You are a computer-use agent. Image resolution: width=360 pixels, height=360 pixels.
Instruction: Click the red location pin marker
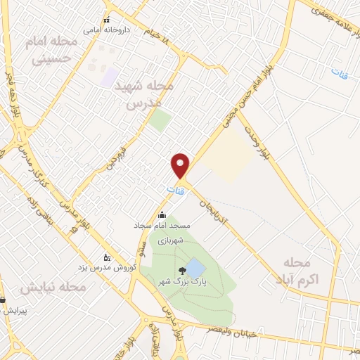click(181, 165)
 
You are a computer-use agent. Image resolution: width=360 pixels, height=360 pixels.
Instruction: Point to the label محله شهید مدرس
click(149, 94)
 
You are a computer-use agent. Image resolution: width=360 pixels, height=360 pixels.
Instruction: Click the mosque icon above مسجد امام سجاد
click(163, 215)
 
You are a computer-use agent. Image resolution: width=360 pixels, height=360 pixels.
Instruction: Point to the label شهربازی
click(171, 240)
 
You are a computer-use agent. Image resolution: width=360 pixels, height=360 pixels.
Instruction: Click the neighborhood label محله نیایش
click(53, 288)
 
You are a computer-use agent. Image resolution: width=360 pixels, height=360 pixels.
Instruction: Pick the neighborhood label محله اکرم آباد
click(296, 271)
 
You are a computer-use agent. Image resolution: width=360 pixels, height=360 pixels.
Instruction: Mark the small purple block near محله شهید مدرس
click(109, 77)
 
